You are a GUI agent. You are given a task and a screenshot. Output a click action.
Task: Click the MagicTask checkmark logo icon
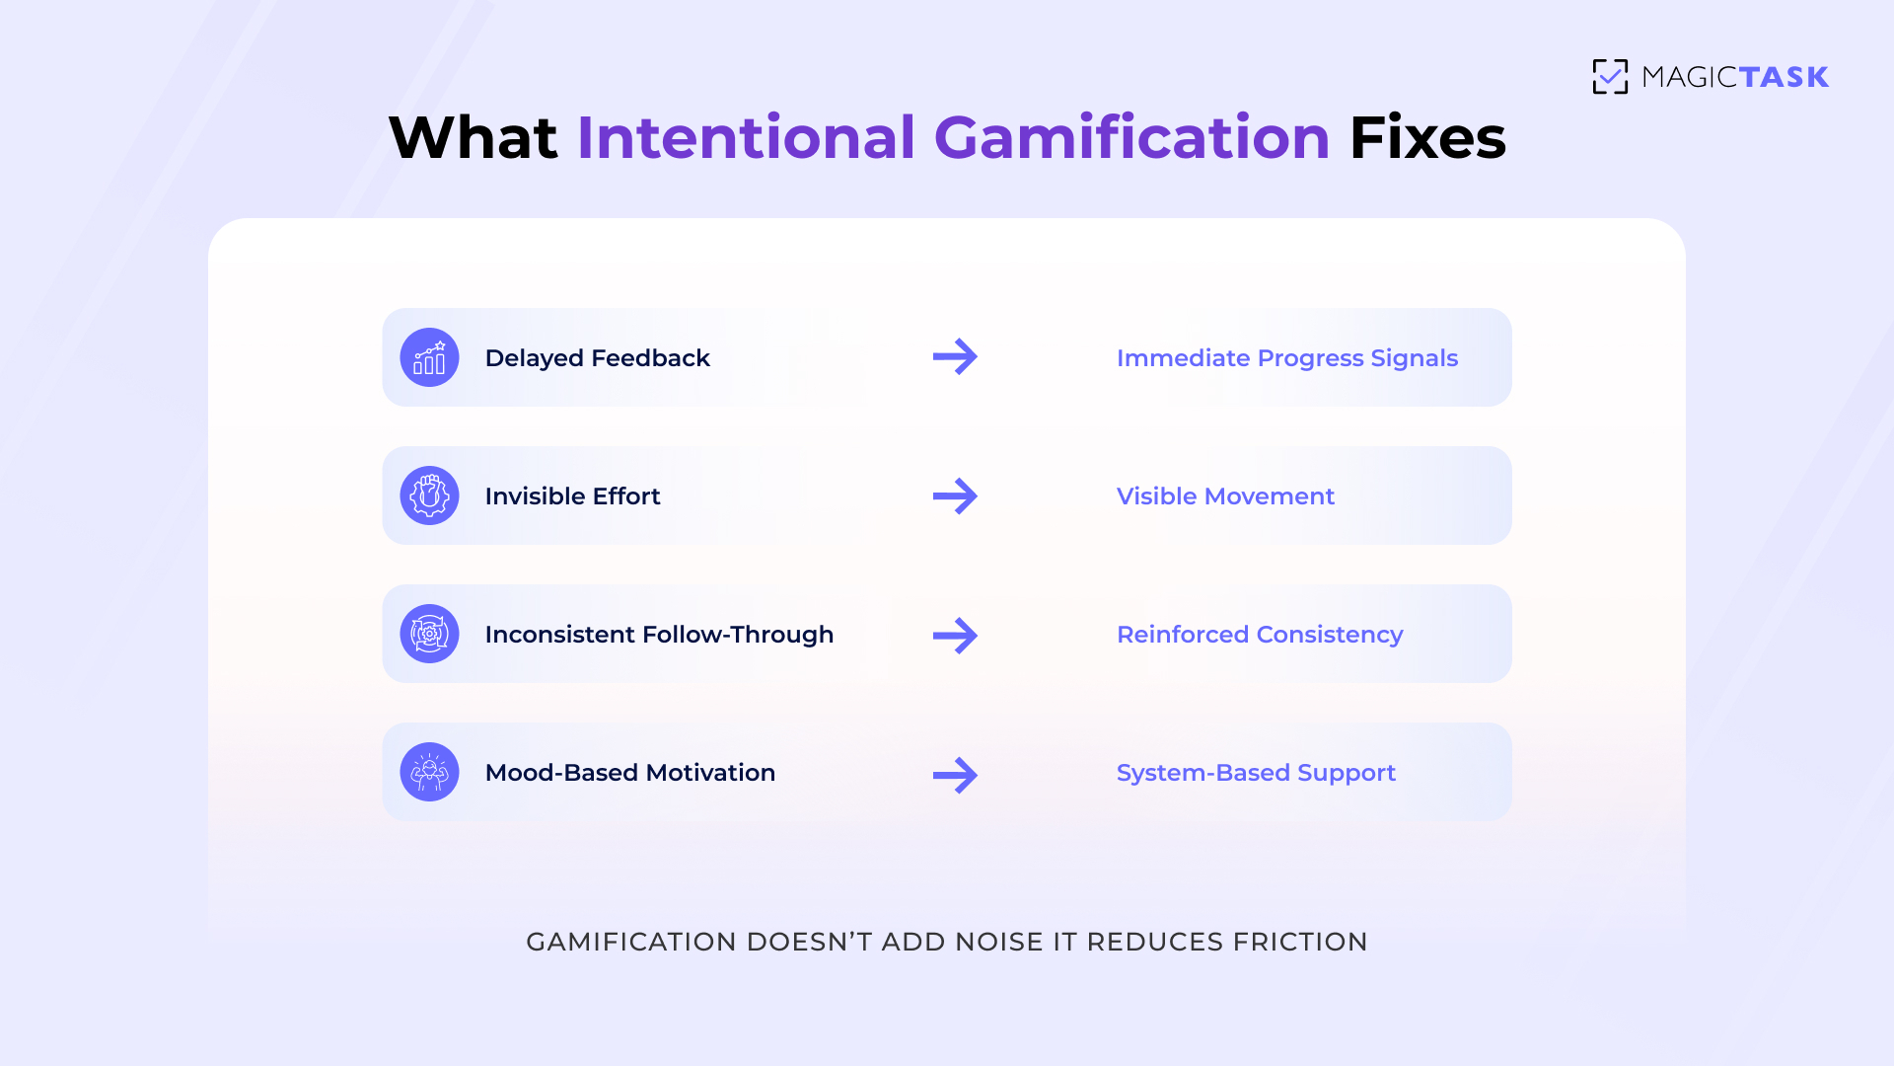(x=1610, y=77)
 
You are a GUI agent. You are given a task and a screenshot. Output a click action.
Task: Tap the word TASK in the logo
(x=1784, y=77)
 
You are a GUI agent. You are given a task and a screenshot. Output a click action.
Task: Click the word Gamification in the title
(x=1131, y=137)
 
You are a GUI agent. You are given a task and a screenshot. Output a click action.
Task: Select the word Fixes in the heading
(x=1427, y=137)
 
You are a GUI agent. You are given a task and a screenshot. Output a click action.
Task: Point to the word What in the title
(x=473, y=137)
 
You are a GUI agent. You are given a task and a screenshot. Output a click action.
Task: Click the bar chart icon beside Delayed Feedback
(x=429, y=357)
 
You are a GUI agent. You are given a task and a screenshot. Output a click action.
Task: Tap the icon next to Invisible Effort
(x=429, y=495)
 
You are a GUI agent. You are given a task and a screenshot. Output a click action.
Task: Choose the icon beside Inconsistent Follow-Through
(x=429, y=634)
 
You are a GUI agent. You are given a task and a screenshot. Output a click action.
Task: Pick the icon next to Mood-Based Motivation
(x=429, y=772)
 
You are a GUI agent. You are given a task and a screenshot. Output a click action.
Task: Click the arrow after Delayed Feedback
(x=955, y=357)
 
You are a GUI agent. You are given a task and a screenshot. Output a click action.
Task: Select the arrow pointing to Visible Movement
(x=955, y=495)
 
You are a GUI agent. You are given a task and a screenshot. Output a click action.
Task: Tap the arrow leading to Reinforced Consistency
(x=955, y=636)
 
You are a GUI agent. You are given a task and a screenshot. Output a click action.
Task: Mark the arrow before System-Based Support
(x=955, y=775)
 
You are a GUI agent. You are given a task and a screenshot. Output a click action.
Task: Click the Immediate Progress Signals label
(x=1286, y=358)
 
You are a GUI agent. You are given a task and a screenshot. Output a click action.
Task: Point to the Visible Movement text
(x=1225, y=496)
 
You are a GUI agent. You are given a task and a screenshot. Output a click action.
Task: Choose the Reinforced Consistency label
(x=1260, y=635)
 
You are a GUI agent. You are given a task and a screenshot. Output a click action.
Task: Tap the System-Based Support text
(x=1256, y=773)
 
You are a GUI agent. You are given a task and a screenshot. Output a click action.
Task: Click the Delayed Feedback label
(x=597, y=358)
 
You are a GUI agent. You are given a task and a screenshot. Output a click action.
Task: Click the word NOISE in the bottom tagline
(x=999, y=942)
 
